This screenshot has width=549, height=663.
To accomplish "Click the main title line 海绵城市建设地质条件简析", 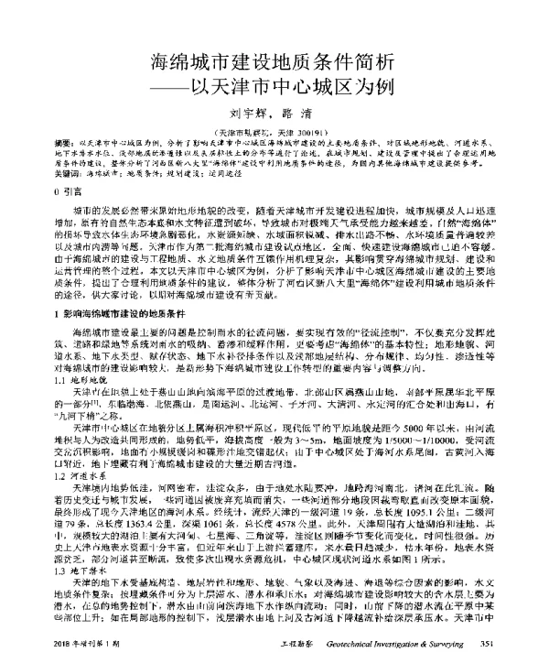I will point(274,63).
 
